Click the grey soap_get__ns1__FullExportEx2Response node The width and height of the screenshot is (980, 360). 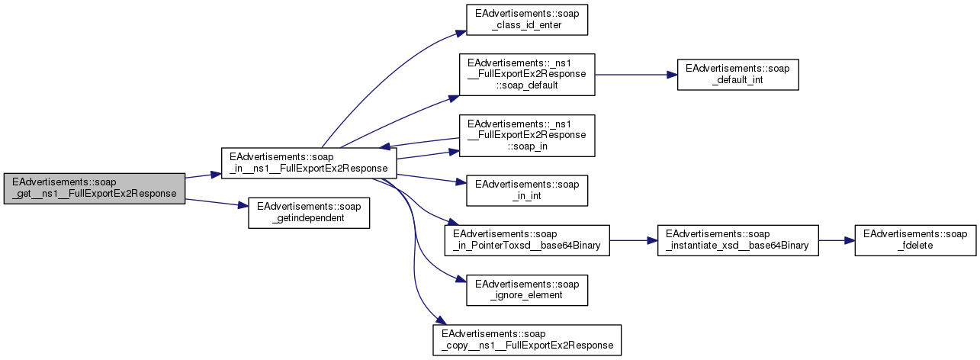click(x=95, y=188)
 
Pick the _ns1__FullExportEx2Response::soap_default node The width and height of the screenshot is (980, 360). click(x=526, y=74)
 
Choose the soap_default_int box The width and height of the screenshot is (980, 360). click(x=738, y=74)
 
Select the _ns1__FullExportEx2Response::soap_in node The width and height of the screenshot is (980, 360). click(x=526, y=135)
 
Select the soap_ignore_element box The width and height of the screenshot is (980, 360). click(x=527, y=288)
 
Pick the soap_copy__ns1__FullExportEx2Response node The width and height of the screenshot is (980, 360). click(x=527, y=339)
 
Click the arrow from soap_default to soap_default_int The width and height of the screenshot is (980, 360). click(x=636, y=74)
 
